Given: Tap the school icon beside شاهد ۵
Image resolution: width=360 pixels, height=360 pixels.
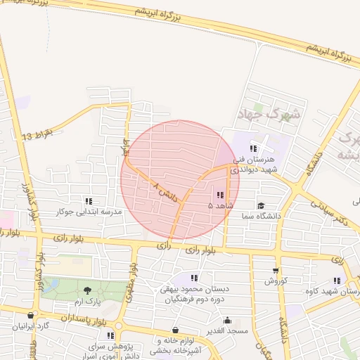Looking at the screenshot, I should [220, 195].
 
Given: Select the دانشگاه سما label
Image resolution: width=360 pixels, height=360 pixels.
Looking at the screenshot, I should [259, 216].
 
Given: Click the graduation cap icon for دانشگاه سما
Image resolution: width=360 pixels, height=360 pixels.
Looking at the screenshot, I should [261, 205].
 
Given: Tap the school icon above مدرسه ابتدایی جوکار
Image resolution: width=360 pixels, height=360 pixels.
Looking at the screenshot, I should [89, 201].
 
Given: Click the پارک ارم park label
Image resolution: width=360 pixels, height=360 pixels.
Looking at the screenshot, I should [89, 300].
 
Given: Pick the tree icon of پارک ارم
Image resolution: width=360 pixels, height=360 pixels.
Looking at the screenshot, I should [87, 290].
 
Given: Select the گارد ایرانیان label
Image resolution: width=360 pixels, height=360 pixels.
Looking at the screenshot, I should [31, 327].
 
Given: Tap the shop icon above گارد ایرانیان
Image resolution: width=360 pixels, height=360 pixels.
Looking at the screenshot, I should [31, 316].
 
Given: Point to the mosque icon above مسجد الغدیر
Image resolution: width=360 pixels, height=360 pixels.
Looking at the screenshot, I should [227, 320].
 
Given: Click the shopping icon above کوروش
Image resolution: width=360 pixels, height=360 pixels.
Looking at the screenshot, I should [275, 270].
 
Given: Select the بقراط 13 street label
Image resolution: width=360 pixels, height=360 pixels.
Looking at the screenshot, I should [37, 134].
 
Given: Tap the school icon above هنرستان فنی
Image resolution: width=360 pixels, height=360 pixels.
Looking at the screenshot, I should [253, 148].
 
